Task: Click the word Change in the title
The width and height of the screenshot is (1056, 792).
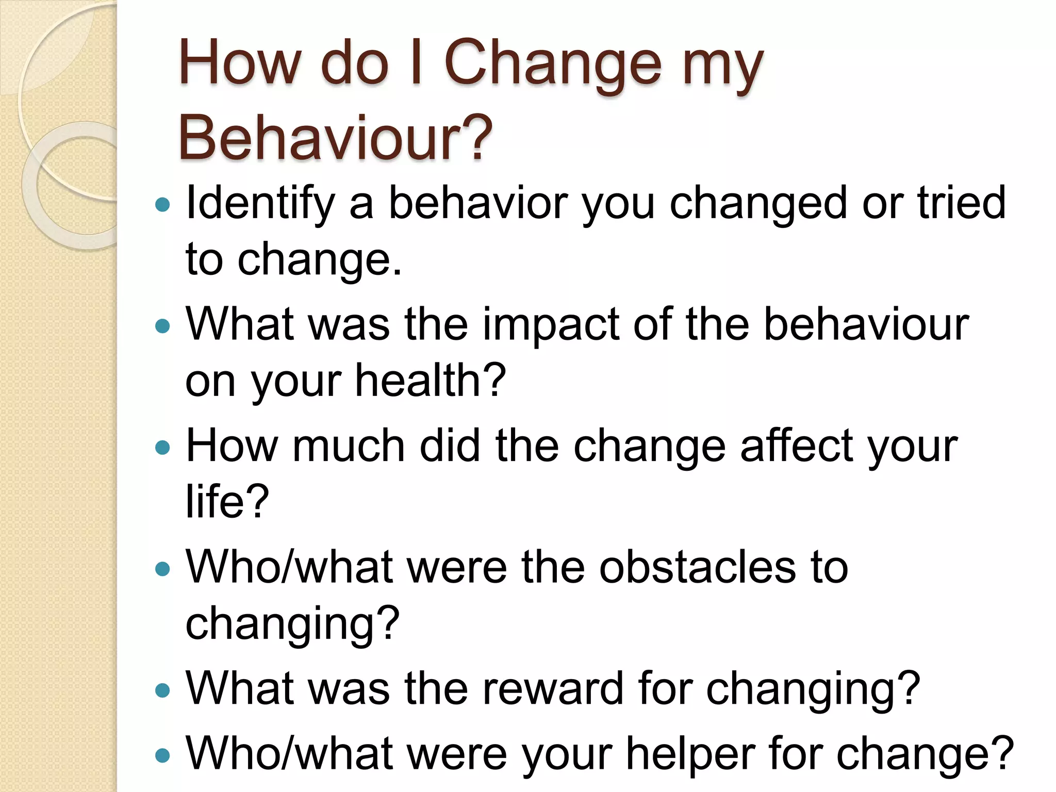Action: pyautogui.click(x=552, y=64)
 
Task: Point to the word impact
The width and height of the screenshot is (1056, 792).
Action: pyautogui.click(x=551, y=325)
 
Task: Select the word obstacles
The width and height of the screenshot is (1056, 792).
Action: pyautogui.click(x=697, y=567)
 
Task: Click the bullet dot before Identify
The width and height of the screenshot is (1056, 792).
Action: pyautogui.click(x=162, y=205)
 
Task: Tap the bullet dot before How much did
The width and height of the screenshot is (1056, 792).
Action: pyautogui.click(x=162, y=448)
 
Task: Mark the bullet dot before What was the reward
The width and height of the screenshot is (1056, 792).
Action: pyautogui.click(x=162, y=690)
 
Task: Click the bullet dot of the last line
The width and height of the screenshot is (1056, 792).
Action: pyautogui.click(x=162, y=755)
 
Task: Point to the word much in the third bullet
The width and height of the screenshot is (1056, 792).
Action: pyautogui.click(x=349, y=446)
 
